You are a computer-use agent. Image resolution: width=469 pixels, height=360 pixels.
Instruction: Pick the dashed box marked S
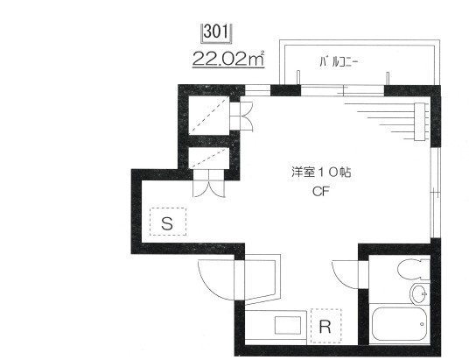[x=167, y=222]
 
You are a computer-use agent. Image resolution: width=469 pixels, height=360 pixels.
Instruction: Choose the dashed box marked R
[x=325, y=325]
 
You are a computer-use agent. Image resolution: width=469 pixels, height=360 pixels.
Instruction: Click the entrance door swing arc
[x=215, y=279]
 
